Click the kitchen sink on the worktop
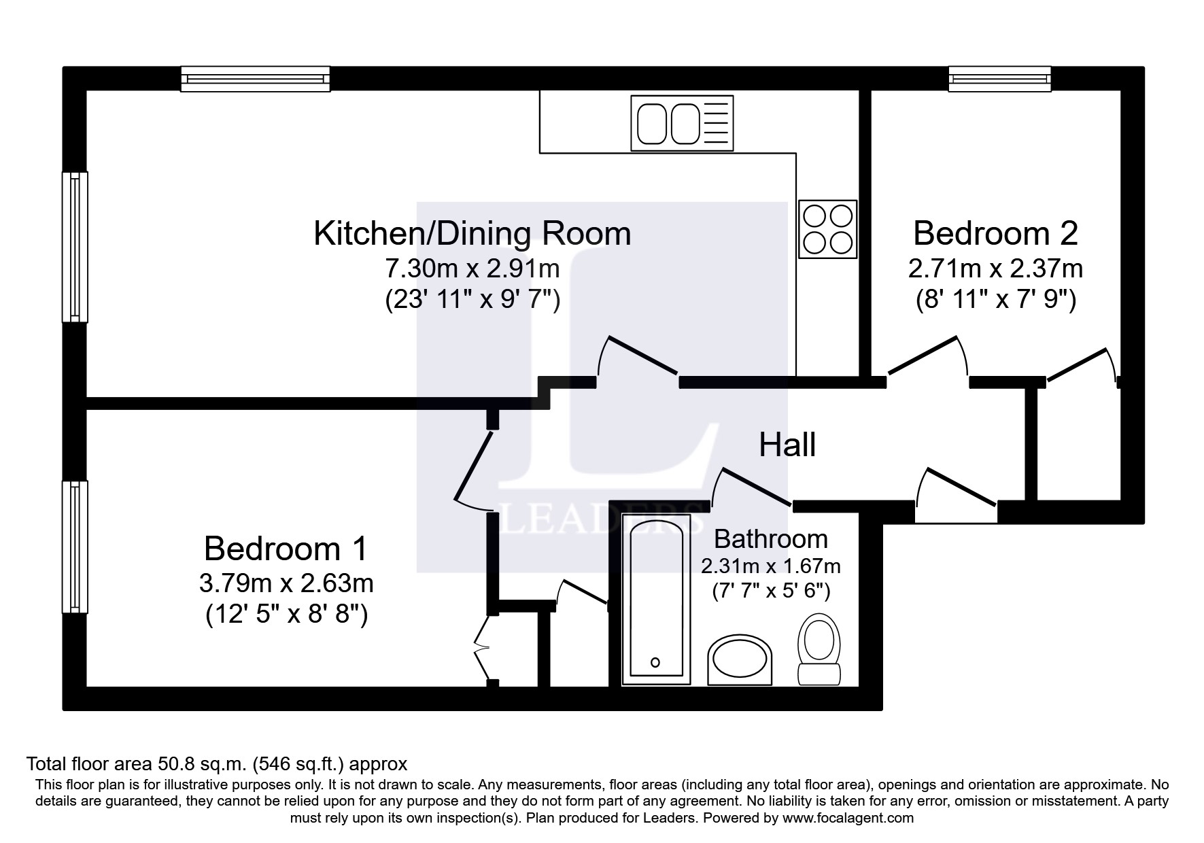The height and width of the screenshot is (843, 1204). click(683, 122)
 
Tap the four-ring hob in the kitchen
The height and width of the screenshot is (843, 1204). click(827, 229)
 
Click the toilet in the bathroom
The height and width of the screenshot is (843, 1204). click(819, 649)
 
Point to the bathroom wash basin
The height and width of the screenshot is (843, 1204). click(740, 660)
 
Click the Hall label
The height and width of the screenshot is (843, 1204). click(787, 445)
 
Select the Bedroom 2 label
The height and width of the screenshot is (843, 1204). click(995, 233)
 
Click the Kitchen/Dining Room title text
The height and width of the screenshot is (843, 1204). click(472, 234)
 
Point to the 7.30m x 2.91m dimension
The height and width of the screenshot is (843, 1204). click(472, 269)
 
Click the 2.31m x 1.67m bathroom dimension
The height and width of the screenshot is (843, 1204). click(771, 566)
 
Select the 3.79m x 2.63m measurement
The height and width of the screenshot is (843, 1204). click(286, 583)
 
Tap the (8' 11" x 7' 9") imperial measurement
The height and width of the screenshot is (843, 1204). click(996, 300)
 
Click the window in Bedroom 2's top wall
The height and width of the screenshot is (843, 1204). click(1000, 79)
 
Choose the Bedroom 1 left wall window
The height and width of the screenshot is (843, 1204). click(75, 547)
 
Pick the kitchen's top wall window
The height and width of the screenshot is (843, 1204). click(256, 79)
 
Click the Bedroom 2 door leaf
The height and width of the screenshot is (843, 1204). click(923, 356)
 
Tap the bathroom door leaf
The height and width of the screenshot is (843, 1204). click(757, 487)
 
